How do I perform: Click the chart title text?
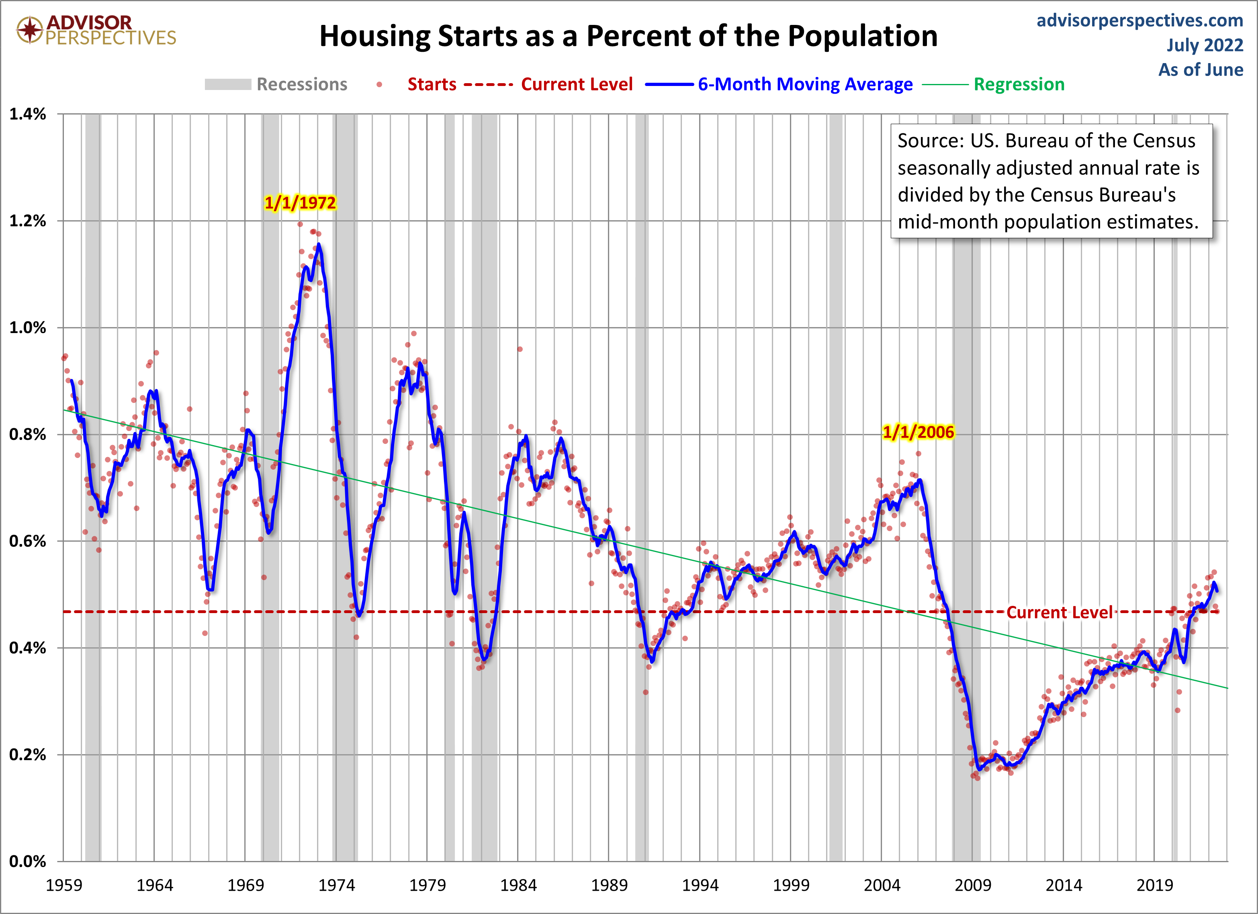click(x=628, y=37)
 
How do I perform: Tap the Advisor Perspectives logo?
click(x=96, y=30)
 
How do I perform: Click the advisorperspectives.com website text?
click(x=1139, y=20)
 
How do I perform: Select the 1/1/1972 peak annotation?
click(x=300, y=203)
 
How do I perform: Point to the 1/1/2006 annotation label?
click(x=918, y=432)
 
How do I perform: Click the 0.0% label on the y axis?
click(x=28, y=861)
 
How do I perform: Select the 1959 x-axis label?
click(x=64, y=885)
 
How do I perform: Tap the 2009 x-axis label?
click(x=972, y=885)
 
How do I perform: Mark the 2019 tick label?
click(x=1154, y=885)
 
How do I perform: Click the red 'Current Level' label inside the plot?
click(x=1059, y=612)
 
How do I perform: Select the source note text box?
click(x=1051, y=181)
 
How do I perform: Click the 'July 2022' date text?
click(x=1204, y=45)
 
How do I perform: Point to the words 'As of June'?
click(x=1200, y=70)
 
